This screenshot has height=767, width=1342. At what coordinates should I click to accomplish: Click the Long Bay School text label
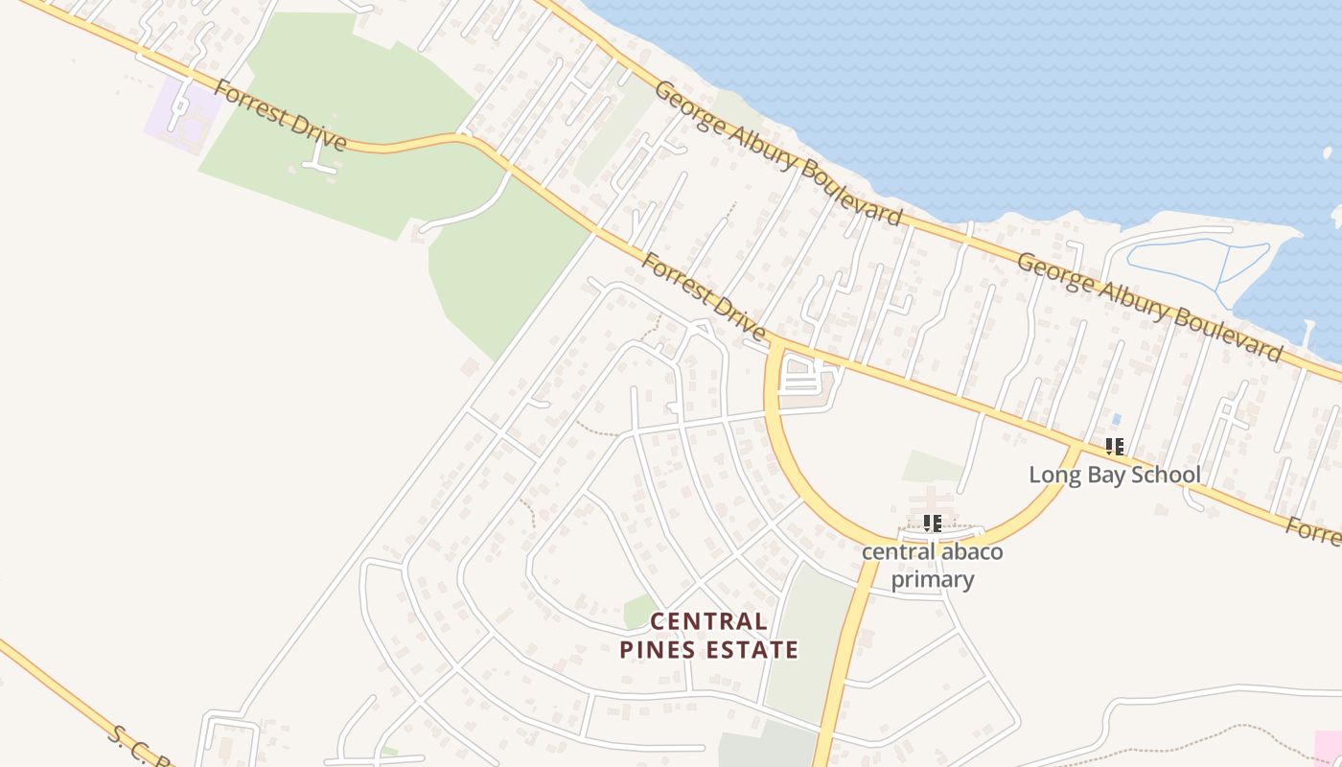(x=1114, y=475)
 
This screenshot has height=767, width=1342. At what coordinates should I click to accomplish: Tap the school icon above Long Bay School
(x=1114, y=446)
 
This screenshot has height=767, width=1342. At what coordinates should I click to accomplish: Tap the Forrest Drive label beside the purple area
(x=279, y=116)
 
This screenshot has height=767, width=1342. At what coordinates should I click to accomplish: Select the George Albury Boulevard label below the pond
(x=1149, y=307)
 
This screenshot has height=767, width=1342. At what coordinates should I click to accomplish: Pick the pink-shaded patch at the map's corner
(x=1329, y=748)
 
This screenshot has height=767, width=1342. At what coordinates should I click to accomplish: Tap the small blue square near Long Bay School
(x=1115, y=419)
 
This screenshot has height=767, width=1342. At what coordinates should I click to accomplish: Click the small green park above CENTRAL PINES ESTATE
(x=638, y=611)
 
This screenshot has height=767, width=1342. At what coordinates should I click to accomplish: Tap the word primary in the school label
(x=933, y=579)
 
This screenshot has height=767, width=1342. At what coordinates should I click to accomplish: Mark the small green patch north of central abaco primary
(x=931, y=467)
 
